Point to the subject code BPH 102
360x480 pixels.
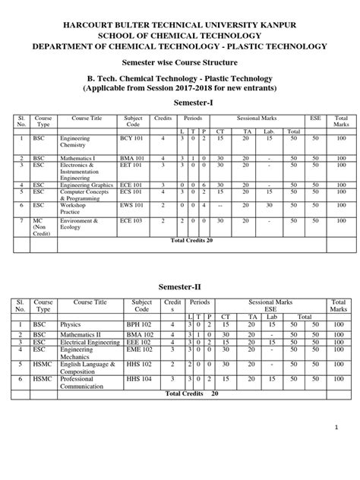[x=139, y=324]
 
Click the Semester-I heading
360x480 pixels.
[x=180, y=100]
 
